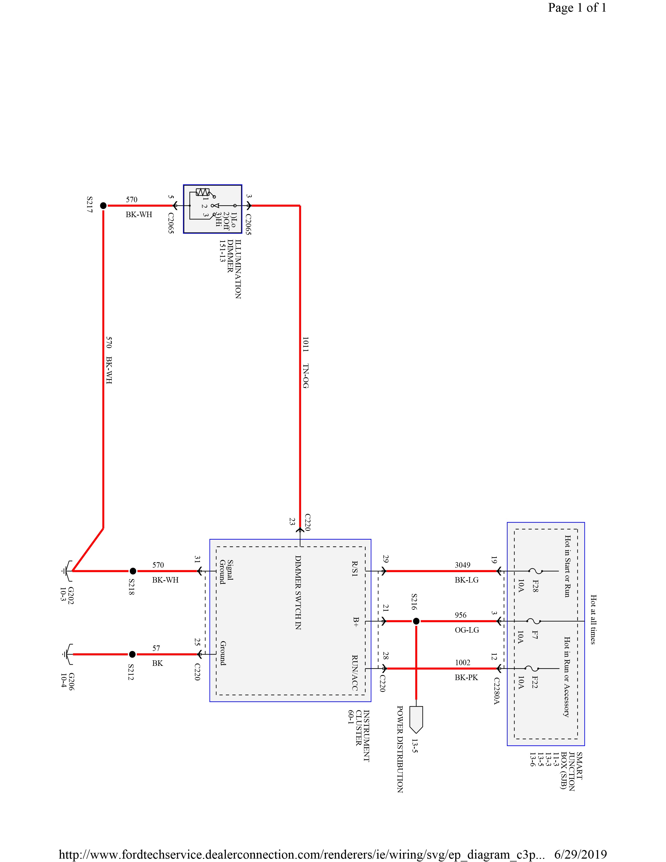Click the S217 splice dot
pos(103,206)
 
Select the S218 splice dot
pos(133,571)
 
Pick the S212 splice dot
pos(133,654)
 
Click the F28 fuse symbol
pos(535,571)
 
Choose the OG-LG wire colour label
pos(467,630)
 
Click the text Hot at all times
pos(593,620)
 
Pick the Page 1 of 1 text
pos(577,8)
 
